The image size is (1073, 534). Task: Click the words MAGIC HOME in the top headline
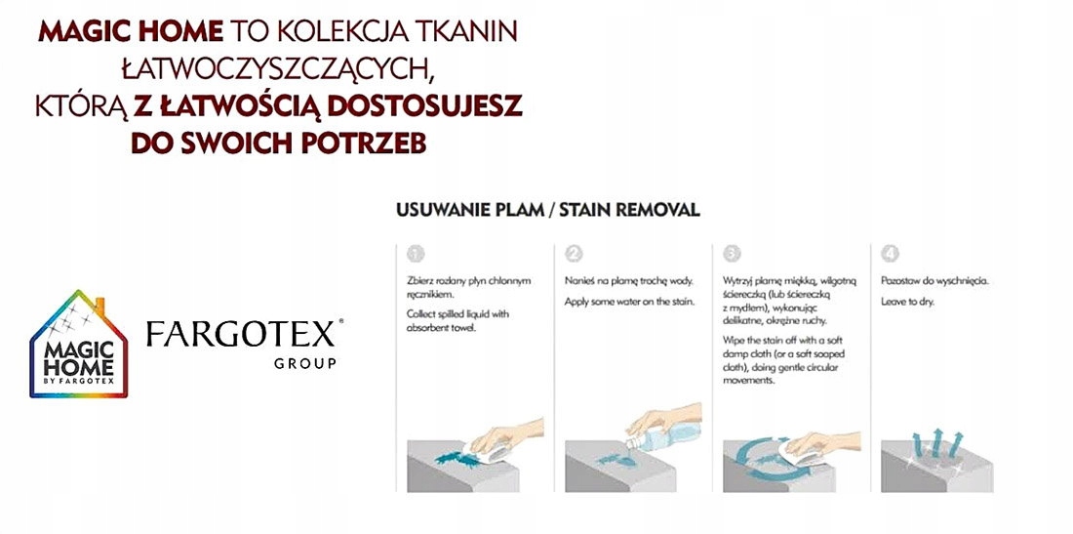[x=131, y=31]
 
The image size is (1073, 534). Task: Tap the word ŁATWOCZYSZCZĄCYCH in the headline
[x=279, y=68]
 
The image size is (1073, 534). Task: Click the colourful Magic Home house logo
[x=79, y=344]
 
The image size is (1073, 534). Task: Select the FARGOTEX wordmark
[x=240, y=334]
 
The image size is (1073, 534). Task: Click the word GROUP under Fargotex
[x=305, y=363]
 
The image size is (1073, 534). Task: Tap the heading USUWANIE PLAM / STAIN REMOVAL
[x=548, y=210]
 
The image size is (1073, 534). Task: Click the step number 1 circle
[x=416, y=254]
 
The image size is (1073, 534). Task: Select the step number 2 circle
[x=574, y=254]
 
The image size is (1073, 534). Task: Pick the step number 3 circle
[x=732, y=254]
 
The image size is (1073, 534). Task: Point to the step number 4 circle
[x=890, y=254]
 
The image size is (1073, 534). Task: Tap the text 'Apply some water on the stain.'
[x=629, y=302]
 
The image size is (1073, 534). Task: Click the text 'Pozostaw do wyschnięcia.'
[x=934, y=281]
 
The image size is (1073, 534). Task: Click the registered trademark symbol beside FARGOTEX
[x=340, y=321]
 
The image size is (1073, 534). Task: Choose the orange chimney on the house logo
[x=99, y=306]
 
